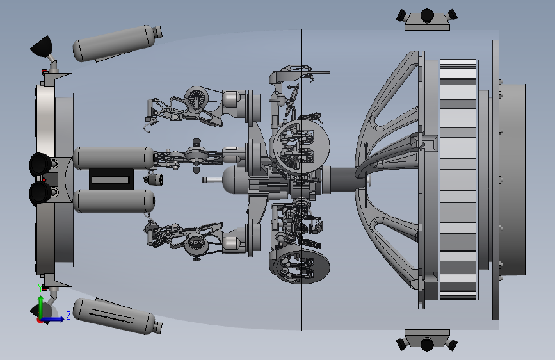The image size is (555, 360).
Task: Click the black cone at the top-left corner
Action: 42,47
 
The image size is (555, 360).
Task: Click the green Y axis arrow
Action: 41,307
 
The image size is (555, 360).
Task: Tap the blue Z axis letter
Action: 68,315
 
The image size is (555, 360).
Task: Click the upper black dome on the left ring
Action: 40,165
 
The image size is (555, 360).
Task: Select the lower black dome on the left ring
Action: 40,193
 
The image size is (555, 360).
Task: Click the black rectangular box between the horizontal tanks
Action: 111,179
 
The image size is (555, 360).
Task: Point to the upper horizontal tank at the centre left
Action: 114,158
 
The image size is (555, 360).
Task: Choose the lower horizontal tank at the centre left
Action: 114,201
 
